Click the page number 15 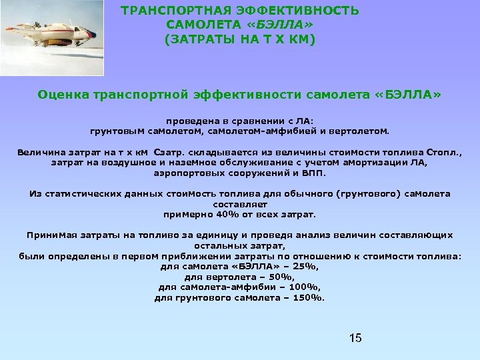click(355, 338)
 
